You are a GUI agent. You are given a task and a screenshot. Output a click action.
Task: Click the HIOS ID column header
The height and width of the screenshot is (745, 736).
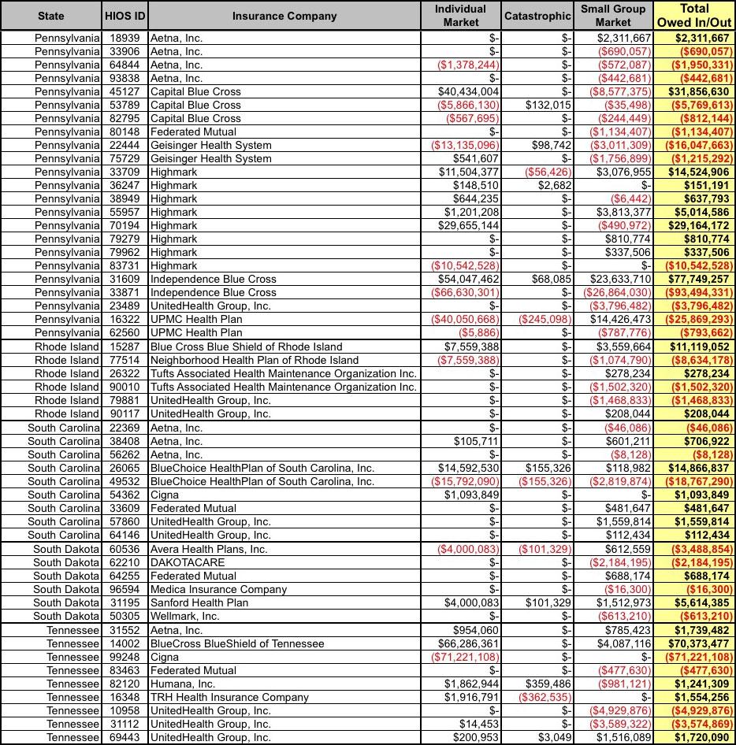(125, 16)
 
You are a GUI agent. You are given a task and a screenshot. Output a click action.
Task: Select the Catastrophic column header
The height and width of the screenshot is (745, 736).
(537, 16)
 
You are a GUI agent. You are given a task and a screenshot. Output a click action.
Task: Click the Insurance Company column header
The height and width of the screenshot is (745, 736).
(284, 16)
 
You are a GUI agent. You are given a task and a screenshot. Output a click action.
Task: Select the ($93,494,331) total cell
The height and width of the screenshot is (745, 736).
(700, 292)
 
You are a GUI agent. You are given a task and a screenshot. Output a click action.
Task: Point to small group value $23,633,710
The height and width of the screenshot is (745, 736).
(621, 279)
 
